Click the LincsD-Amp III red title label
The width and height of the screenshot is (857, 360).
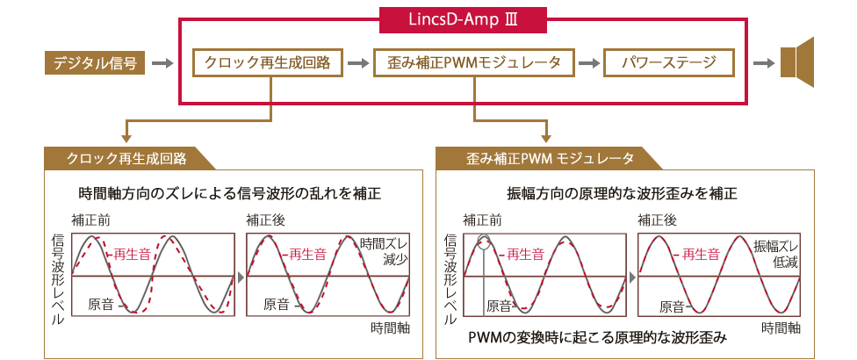463,19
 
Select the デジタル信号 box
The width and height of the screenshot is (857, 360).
95,63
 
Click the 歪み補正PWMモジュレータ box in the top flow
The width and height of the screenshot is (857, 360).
474,63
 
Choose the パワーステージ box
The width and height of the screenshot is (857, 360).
669,63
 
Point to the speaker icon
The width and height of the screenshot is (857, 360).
797,62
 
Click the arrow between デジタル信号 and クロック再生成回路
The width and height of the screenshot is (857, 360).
162,64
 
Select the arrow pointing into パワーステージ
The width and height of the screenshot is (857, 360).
589,64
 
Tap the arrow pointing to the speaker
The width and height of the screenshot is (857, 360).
764,64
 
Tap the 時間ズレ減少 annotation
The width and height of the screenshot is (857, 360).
385,251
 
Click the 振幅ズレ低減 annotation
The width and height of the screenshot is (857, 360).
776,254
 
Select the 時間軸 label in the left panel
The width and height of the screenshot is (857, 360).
390,328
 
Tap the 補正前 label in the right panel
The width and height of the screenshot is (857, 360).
483,220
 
